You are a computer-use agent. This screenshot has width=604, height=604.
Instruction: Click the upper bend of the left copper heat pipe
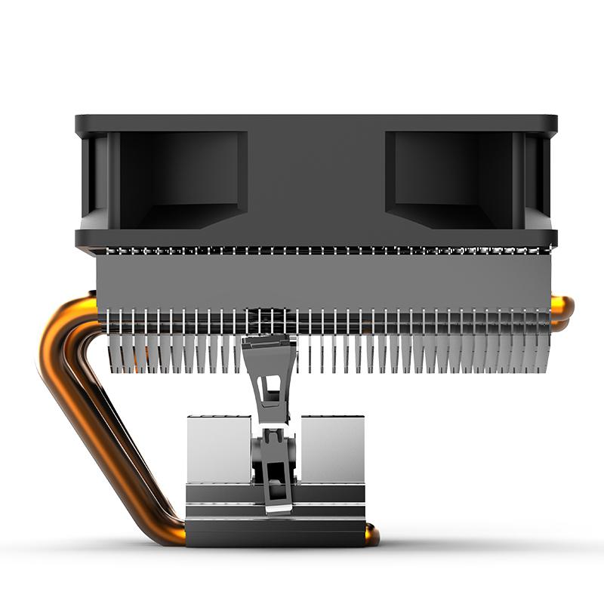coord(64,325)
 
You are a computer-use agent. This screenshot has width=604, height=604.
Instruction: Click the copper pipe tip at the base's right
coord(371,535)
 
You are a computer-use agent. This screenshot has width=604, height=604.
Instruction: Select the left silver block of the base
coord(218,448)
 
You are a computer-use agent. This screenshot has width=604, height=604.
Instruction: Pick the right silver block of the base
coord(332,448)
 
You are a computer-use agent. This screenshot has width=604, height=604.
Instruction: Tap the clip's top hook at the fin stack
coord(268,344)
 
